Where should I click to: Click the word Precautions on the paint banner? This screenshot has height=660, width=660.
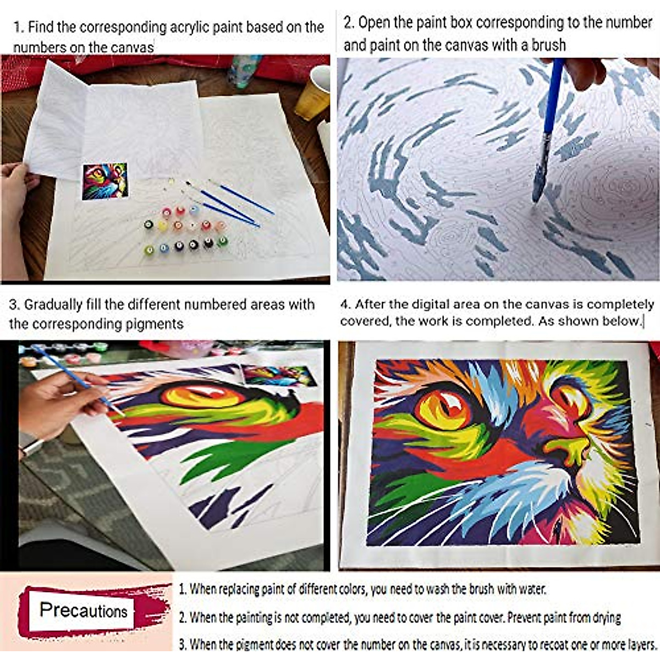pyautogui.click(x=83, y=610)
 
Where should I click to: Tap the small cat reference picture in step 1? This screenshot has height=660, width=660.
pyautogui.click(x=105, y=181)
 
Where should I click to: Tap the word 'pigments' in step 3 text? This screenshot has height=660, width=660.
pyautogui.click(x=155, y=324)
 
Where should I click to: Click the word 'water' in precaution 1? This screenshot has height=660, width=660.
pyautogui.click(x=531, y=589)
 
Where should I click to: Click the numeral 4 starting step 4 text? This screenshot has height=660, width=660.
pyautogui.click(x=345, y=305)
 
